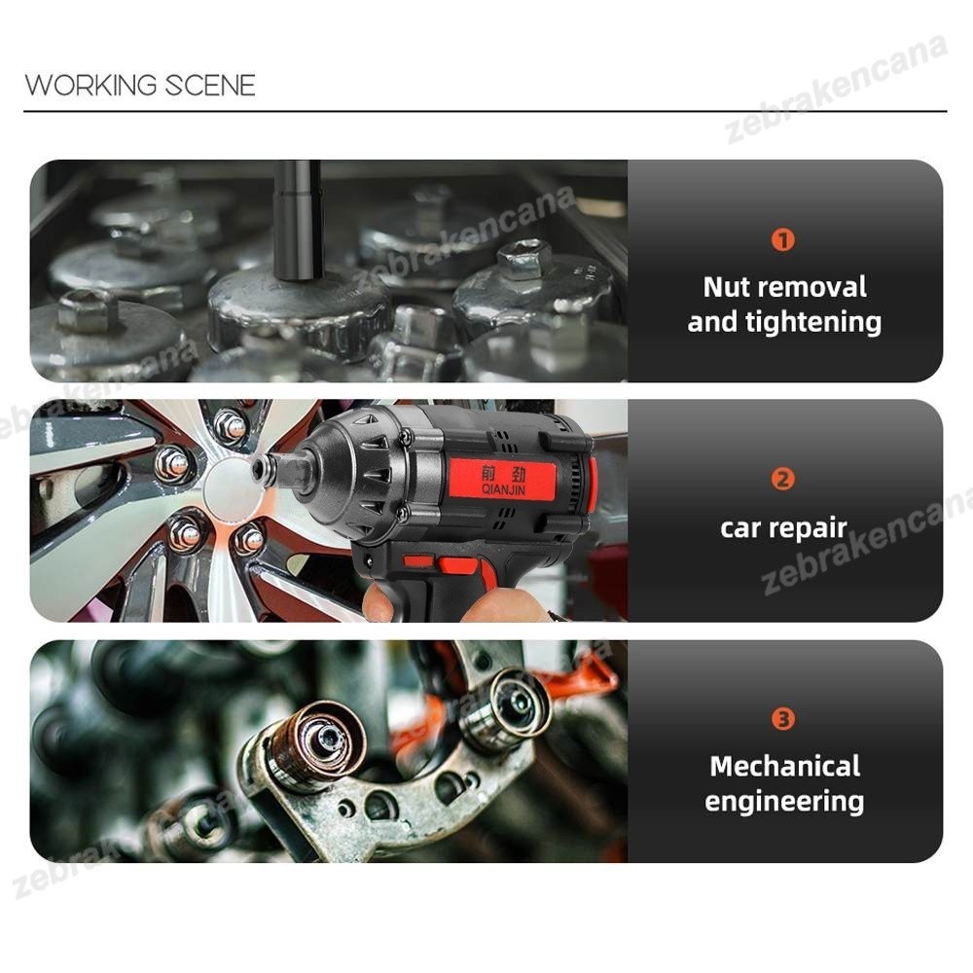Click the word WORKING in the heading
pyautogui.click(x=91, y=85)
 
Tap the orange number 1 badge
pyautogui.click(x=783, y=239)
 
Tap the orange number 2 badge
pyautogui.click(x=783, y=479)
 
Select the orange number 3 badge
pyautogui.click(x=783, y=719)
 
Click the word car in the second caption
pyautogui.click(x=740, y=528)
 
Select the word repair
pyautogui.click(x=808, y=529)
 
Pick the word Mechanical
pyautogui.click(x=785, y=767)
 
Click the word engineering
pyautogui.click(x=784, y=802)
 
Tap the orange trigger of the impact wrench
pyautogui.click(x=459, y=565)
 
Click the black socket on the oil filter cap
pyautogui.click(x=299, y=220)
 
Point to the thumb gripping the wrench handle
pyautogui.click(x=378, y=602)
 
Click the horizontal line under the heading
pyautogui.click(x=486, y=112)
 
